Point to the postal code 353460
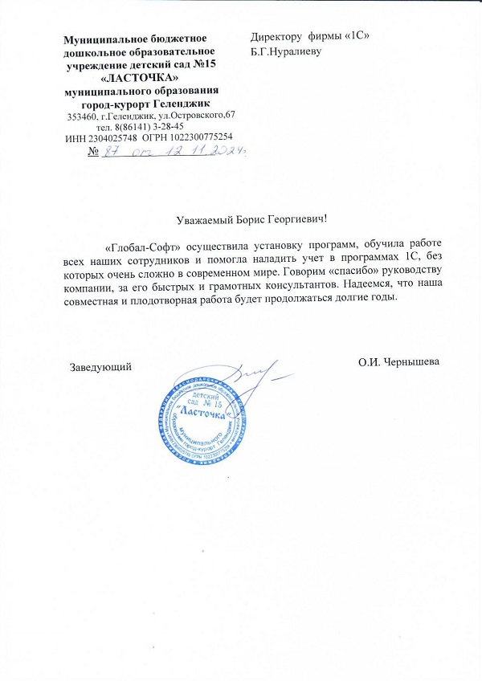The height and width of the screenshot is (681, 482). [83, 116]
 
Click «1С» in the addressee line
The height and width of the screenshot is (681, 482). [356, 37]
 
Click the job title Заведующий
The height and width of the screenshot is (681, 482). [100, 365]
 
